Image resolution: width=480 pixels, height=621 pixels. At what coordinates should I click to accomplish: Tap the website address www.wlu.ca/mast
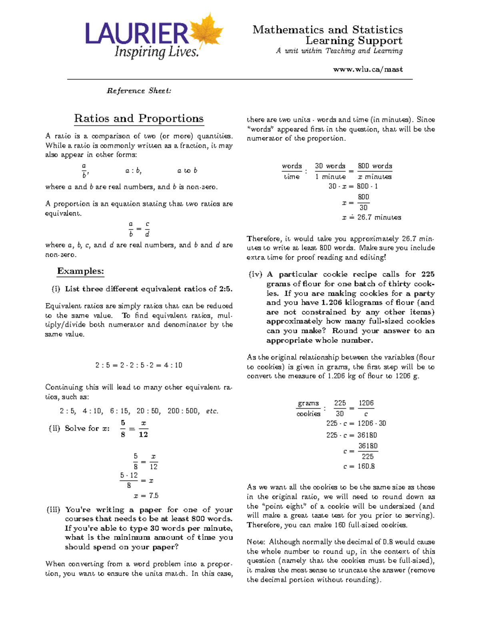(x=368, y=69)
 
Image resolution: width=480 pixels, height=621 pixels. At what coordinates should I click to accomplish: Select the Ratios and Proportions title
(x=139, y=118)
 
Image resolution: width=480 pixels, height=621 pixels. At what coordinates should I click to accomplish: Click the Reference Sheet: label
(x=139, y=91)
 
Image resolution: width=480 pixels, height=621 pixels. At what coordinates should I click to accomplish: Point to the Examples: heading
(x=80, y=271)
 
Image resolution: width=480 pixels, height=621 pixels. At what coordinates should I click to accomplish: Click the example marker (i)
(x=56, y=289)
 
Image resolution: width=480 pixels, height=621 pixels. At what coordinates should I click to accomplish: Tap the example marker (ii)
(x=54, y=428)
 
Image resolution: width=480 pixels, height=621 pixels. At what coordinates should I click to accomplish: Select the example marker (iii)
(x=54, y=509)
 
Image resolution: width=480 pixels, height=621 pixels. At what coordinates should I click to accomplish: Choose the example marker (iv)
(x=255, y=274)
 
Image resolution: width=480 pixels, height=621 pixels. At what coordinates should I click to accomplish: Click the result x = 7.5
(x=146, y=495)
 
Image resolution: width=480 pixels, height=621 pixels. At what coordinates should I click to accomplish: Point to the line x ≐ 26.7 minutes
(x=371, y=218)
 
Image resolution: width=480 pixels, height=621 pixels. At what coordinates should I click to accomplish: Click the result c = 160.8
(x=359, y=466)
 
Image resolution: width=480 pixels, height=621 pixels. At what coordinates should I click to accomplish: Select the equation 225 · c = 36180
(x=352, y=435)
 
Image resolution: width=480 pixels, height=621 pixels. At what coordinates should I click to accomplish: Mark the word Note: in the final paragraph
(x=256, y=542)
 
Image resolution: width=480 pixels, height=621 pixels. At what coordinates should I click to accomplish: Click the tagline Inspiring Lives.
(x=156, y=52)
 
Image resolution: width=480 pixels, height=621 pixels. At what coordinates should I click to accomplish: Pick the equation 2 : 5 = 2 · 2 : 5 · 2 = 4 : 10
(x=139, y=365)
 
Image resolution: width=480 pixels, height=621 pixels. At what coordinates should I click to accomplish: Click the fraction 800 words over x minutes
(x=374, y=171)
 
